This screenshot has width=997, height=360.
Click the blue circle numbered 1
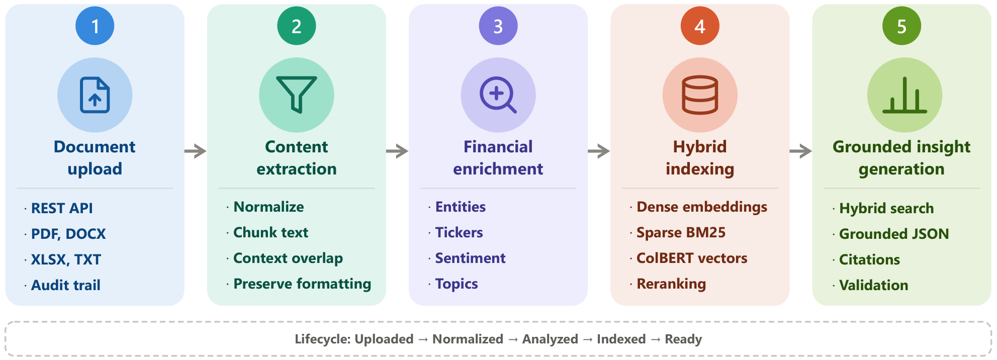coord(95,26)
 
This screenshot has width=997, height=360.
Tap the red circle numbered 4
coord(700,26)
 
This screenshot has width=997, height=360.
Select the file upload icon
coord(95,95)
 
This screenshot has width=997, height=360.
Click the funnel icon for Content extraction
coord(297,95)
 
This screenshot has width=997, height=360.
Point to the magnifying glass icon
coord(498,95)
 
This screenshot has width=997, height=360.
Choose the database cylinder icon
coord(700,95)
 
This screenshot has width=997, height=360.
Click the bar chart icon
coord(904,95)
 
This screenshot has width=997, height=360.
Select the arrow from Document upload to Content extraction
coord(196,151)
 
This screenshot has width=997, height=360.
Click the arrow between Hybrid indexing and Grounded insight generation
coord(801,151)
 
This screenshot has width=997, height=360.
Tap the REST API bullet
coord(62,208)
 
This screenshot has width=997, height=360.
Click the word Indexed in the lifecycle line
coord(621,339)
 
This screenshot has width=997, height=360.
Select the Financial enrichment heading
coord(498,158)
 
